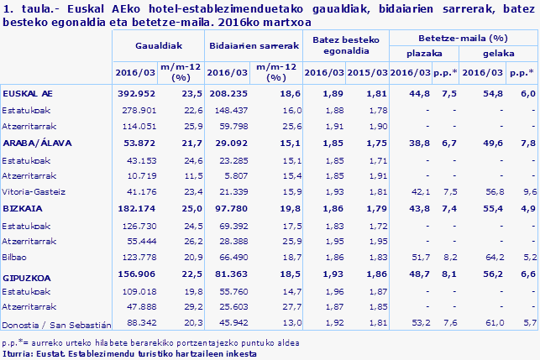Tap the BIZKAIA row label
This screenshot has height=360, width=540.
22,207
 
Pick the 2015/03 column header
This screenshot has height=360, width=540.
367,73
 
